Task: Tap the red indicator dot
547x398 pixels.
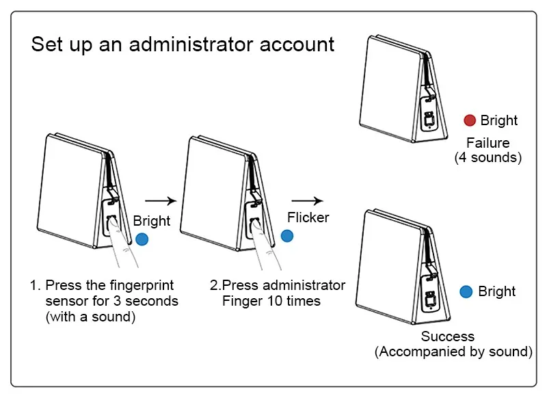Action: pos(470,120)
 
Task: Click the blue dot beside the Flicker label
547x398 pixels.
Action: pos(288,236)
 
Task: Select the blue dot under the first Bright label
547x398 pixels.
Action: pos(142,239)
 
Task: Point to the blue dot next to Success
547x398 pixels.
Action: pos(466,291)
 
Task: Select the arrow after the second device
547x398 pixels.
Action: pos(307,201)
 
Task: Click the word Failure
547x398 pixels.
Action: pos(488,143)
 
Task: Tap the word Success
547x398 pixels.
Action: pos(448,336)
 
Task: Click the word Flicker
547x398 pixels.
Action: pos(308,218)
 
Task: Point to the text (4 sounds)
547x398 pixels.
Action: pos(488,157)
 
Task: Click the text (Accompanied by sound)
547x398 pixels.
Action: pos(453,351)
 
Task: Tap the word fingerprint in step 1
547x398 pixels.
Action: pos(135,285)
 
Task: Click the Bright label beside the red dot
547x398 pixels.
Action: pos(499,120)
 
